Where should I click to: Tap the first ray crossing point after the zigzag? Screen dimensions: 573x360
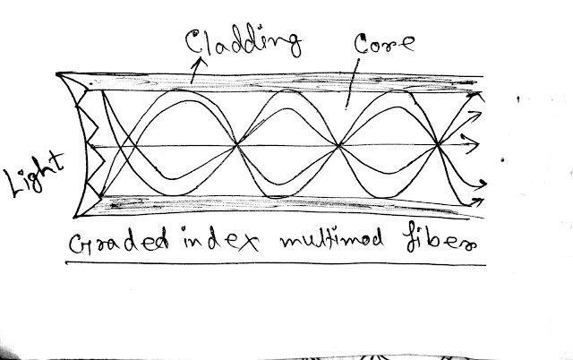coord(126,143)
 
